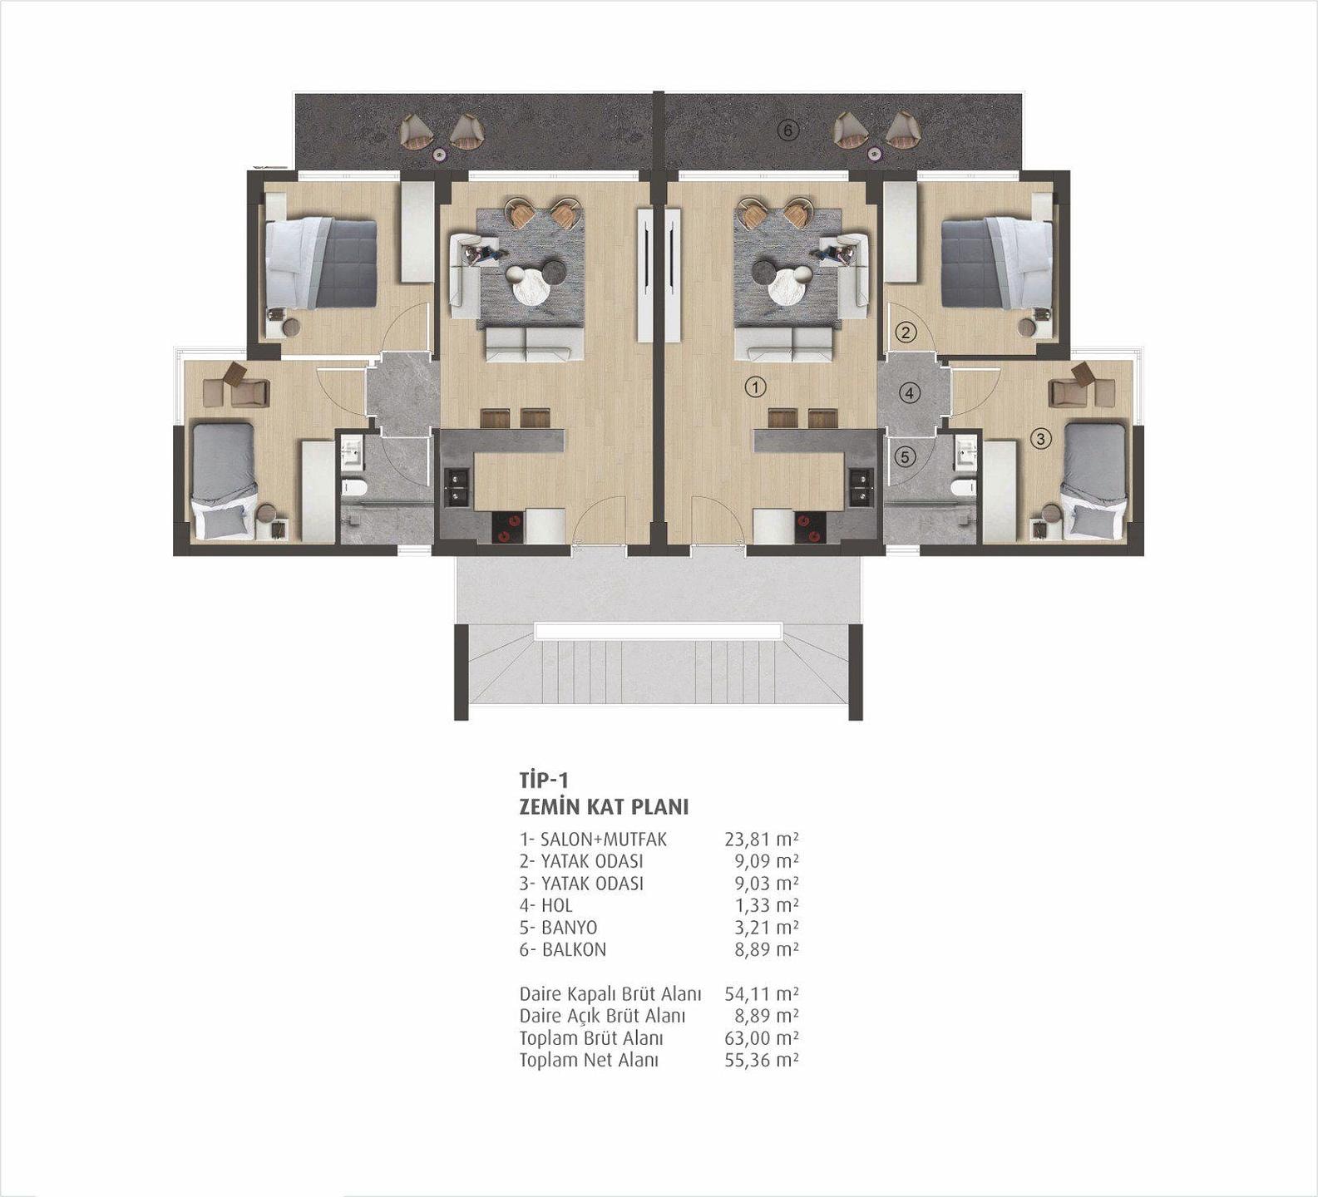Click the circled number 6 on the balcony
pos(788,130)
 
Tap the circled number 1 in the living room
pos(755,387)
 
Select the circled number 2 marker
pos(906,333)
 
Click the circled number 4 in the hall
pos(910,392)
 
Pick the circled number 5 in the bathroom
pos(906,456)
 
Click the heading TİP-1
pos(543,781)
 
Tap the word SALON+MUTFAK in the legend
pos(604,840)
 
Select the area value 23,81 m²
pos(762,840)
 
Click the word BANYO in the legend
pos(570,928)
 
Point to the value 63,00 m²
pos(762,1038)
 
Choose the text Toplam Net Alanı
pos(589,1061)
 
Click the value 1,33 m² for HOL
pos(766,905)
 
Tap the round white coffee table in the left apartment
pos(530,287)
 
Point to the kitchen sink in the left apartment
pos(457,487)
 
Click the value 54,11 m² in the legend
pos(762,994)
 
